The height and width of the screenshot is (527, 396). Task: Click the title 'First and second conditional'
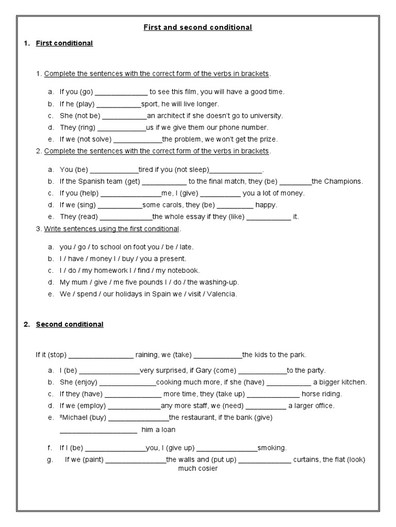click(197, 27)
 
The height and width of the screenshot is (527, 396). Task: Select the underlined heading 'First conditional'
click(64, 43)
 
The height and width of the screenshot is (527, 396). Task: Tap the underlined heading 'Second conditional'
click(69, 324)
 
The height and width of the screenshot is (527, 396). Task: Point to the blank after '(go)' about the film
click(122, 92)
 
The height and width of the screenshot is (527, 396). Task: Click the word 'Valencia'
click(221, 294)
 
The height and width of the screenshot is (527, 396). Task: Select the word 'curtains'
click(306, 460)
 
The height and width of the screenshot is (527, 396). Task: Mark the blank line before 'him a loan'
click(98, 430)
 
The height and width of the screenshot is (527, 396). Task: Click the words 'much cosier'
click(198, 469)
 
